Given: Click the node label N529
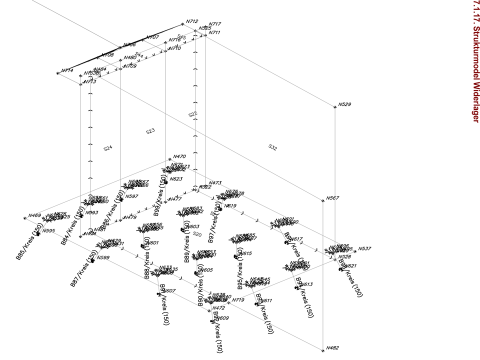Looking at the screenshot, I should coord(344,104).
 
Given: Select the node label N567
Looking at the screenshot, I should coord(332,198).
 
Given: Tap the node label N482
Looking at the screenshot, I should coord(332,347).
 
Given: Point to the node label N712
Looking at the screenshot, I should coord(192,21).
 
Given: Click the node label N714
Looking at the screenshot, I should coord(67,70).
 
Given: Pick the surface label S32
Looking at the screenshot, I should coord(272,147).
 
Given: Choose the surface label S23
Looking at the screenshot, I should coord(150,131).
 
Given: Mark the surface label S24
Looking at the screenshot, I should coord(107,148).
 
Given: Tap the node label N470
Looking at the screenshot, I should coord(179,156).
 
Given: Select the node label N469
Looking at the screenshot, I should coord(34,215).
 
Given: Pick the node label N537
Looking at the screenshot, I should coord(365,248).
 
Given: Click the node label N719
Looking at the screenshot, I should coord(238,300).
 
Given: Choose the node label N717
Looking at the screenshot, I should coord(215,24).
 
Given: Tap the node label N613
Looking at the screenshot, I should coord(306,284).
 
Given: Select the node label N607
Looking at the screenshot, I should coord(170,291).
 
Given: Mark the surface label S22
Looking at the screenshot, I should coord(192,114).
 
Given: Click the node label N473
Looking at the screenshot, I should coord(215,183).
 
